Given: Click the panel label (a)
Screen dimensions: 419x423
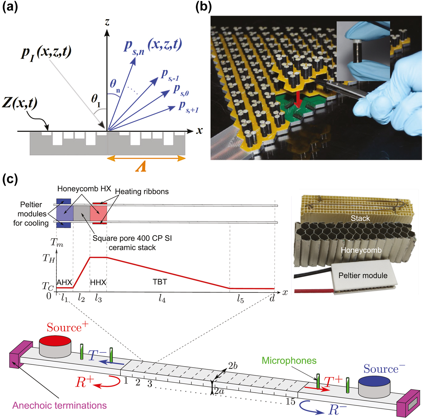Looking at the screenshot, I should (10, 7).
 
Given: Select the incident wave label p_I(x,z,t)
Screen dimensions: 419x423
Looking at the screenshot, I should (47, 53).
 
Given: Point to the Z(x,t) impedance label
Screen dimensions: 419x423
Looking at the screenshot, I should (20, 103).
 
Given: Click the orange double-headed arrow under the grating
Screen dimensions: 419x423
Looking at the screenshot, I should (146, 158).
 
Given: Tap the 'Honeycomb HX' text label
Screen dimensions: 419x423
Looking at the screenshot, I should (84, 189).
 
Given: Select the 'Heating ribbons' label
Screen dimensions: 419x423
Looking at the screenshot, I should (142, 191).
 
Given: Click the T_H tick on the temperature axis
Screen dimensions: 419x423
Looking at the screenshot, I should (49, 258).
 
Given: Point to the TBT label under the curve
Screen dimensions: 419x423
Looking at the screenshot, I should (160, 282).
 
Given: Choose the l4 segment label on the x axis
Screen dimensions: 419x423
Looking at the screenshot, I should (162, 299).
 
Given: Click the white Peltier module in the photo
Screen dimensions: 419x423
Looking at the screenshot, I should (363, 275).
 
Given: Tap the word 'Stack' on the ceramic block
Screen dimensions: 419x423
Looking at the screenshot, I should (360, 218).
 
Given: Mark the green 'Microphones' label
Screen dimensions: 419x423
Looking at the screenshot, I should (289, 360).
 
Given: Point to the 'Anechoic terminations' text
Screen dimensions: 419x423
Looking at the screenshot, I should (60, 405).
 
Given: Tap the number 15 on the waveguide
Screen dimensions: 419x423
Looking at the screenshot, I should (290, 401).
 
